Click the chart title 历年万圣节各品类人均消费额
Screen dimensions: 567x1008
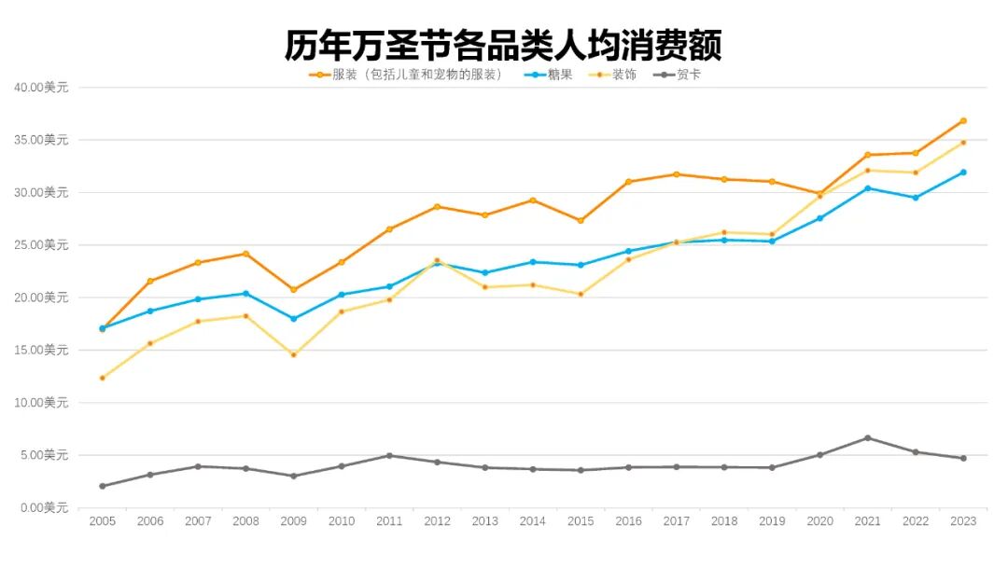(503, 43)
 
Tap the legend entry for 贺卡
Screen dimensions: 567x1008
(688, 75)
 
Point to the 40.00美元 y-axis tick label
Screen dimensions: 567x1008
(41, 87)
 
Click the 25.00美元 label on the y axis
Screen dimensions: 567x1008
(41, 244)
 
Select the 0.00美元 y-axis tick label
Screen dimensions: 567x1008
(44, 508)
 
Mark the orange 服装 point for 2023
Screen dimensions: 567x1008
(963, 120)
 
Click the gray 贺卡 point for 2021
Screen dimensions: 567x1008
(868, 437)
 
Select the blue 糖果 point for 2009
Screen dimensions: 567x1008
(293, 318)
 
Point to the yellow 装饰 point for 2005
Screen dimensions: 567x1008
(102, 378)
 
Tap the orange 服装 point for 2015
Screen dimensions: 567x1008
(581, 220)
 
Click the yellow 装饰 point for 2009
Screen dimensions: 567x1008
(293, 354)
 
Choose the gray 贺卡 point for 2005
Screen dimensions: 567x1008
(102, 486)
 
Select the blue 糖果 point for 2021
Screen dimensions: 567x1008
(868, 188)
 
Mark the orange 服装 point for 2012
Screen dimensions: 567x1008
(437, 206)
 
